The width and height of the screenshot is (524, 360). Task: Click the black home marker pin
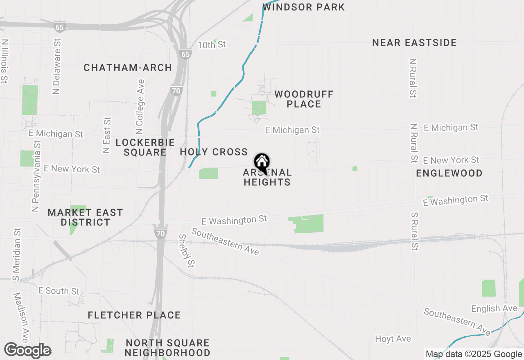pos(262,163)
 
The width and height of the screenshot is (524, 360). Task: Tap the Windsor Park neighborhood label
pos(303,7)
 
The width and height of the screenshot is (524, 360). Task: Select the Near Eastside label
pos(414,43)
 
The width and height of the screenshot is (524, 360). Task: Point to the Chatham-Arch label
pos(128,68)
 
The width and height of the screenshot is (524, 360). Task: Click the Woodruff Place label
pos(304,99)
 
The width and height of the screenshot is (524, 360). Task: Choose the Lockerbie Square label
pos(145,147)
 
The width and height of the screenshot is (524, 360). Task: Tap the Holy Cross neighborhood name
pos(214,152)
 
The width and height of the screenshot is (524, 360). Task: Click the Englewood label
pos(449,173)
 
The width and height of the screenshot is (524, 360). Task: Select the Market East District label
pos(85,217)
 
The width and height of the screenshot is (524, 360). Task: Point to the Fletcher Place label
pos(134,315)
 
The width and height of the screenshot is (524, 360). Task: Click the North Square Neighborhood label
pos(167,348)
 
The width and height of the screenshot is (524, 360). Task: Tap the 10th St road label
pos(212,45)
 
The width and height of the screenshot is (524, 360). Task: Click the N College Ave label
pos(140,107)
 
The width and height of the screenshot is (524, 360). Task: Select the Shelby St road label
pos(187,250)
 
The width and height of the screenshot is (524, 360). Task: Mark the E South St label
pos(59,291)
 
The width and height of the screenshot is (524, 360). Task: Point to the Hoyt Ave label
pos(393,339)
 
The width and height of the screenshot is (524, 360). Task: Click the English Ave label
pos(494,308)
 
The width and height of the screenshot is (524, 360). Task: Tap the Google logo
pos(27,351)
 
